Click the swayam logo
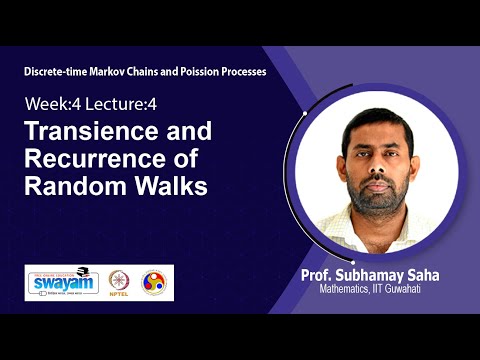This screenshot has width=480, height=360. pos(64,282)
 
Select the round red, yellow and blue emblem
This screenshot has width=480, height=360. pos(154,283)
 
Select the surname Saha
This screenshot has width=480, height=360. pos(440,274)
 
